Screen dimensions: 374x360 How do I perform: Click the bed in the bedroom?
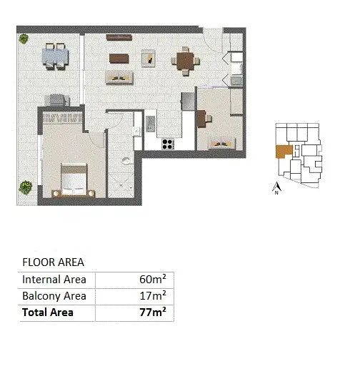pyautogui.click(x=74, y=179)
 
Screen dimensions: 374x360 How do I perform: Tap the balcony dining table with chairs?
pyautogui.click(x=55, y=55)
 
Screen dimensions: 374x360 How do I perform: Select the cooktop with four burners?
pyautogui.click(x=169, y=143)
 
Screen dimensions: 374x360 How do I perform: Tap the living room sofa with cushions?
pyautogui.click(x=118, y=76)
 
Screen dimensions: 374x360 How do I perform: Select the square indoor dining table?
pyautogui.click(x=185, y=61)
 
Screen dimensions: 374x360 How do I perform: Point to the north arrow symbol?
pyautogui.click(x=276, y=188)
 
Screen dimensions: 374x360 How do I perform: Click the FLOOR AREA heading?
pyautogui.click(x=54, y=262)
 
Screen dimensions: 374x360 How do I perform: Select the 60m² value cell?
pyautogui.click(x=153, y=280)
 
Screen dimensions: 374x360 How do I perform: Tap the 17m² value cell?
pyautogui.click(x=153, y=296)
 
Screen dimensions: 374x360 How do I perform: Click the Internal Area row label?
pyautogui.click(x=54, y=280)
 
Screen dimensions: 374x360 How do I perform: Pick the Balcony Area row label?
pyautogui.click(x=54, y=296)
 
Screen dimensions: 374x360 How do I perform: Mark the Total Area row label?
pyautogui.click(x=48, y=313)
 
